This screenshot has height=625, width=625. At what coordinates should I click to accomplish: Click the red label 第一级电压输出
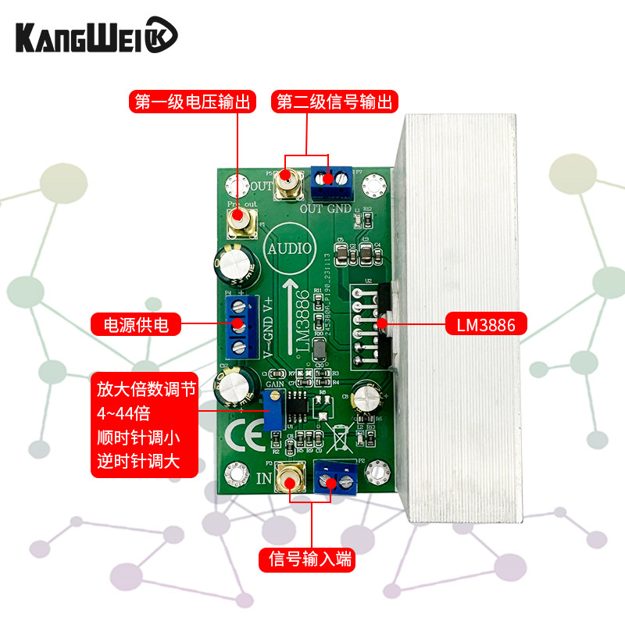(x=192, y=102)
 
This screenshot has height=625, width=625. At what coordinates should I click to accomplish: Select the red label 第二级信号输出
(x=335, y=102)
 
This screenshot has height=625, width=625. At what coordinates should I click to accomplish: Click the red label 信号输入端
(x=311, y=559)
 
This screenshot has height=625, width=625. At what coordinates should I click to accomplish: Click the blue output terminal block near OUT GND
(x=331, y=181)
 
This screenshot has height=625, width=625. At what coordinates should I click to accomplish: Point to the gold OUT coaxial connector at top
(x=287, y=185)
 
